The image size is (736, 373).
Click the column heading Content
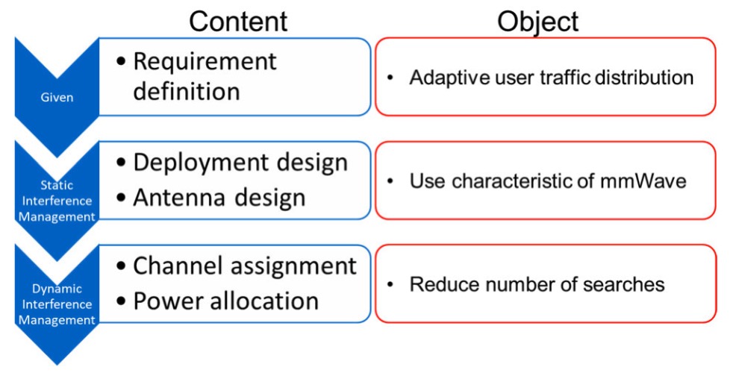(x=238, y=21)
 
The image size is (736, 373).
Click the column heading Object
(x=538, y=22)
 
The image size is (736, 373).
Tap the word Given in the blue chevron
(x=57, y=98)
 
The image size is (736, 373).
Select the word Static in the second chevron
(x=56, y=185)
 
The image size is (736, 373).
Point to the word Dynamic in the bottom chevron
(x=57, y=289)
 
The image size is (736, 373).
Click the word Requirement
(x=205, y=62)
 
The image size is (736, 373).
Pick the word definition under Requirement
(x=187, y=90)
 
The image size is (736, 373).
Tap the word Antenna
(x=180, y=198)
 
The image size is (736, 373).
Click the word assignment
(x=292, y=267)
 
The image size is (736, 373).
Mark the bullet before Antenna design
(x=121, y=198)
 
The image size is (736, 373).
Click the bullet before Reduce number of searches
(x=390, y=285)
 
